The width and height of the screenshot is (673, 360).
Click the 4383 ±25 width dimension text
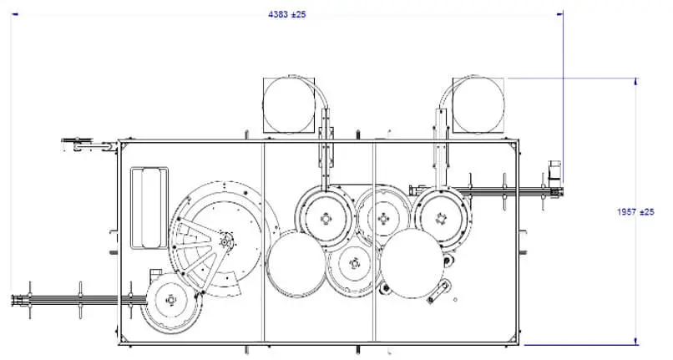(x=286, y=14)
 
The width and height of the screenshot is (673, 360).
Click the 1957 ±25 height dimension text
(x=635, y=212)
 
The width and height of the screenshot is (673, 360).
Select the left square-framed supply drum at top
(x=289, y=105)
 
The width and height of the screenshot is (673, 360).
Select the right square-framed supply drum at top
(x=478, y=105)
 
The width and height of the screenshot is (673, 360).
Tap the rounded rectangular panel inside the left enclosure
(x=149, y=208)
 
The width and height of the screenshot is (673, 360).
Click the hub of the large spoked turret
(x=225, y=242)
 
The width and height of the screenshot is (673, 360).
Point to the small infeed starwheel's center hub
(x=171, y=299)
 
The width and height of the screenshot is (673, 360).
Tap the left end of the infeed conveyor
(x=13, y=300)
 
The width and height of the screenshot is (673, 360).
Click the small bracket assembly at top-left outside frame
(x=89, y=145)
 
